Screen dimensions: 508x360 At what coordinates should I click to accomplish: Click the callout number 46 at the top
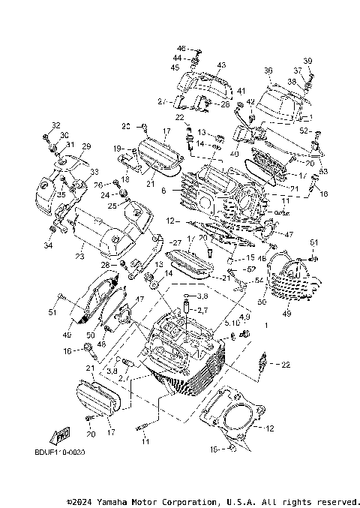(x=181, y=48)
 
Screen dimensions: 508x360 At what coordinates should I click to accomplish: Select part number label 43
(x=221, y=66)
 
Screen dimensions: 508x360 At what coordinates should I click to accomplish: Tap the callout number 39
(x=307, y=61)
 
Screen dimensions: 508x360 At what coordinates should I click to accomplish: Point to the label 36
(x=268, y=71)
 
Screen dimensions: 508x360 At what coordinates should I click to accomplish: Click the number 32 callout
(x=55, y=125)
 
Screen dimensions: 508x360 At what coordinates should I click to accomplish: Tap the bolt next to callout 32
(x=46, y=136)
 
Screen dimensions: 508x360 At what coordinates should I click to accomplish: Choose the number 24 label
(x=105, y=194)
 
